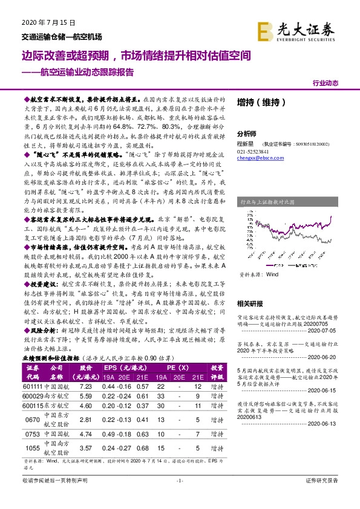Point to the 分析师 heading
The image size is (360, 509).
246,134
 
